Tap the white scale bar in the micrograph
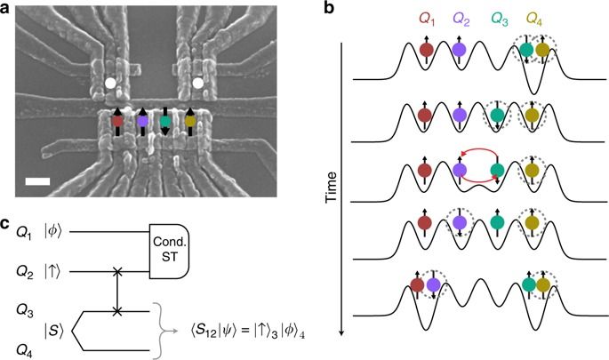click(36, 181)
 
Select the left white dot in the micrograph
click(109, 84)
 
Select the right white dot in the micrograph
click(197, 86)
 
